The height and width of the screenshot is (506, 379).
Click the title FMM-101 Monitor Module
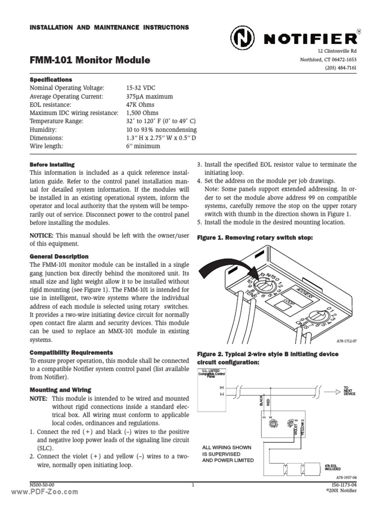click(x=90, y=61)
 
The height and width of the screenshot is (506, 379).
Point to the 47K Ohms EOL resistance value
click(x=140, y=105)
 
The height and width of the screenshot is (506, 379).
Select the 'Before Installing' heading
click(x=52, y=164)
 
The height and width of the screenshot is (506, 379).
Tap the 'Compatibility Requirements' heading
click(x=72, y=352)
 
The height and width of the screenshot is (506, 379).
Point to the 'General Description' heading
click(x=59, y=256)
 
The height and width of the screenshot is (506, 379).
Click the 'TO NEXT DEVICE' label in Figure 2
click(x=349, y=390)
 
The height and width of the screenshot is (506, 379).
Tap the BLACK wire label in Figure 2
click(x=261, y=400)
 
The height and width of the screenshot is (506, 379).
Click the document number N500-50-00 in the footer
click(x=42, y=485)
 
